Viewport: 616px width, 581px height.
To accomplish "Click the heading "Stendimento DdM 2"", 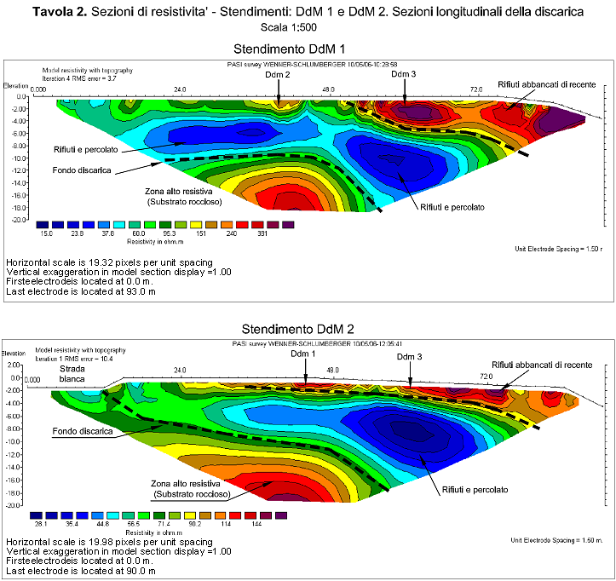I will pos(308,328).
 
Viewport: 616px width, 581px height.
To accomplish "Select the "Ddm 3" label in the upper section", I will pos(403,75).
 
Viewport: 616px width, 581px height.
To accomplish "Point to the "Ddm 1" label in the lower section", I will pos(302,354).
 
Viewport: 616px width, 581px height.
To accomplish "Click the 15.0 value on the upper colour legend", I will pos(46,232).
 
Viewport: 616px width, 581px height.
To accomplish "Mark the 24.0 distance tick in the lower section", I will pos(179,371).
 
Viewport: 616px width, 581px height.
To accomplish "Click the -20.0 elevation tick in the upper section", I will pos(19,220).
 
